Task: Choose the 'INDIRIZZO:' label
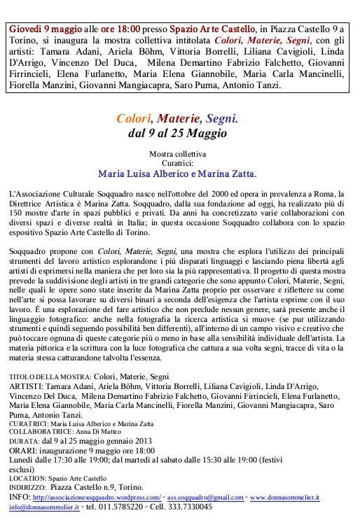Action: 32,488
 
